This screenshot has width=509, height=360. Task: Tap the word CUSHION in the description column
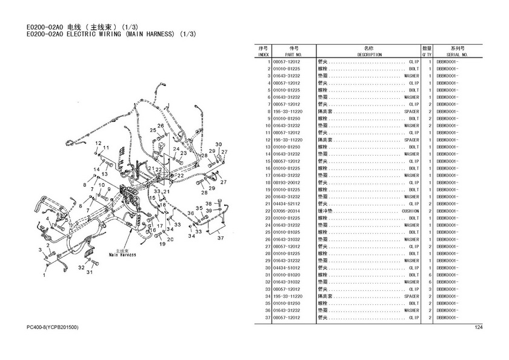pyautogui.click(x=409, y=211)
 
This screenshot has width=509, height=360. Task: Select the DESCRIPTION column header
pyautogui.click(x=369, y=55)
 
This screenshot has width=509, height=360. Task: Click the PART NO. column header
pyautogui.click(x=294, y=55)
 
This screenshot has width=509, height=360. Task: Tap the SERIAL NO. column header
pyautogui.click(x=454, y=55)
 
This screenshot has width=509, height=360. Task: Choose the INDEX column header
pyautogui.click(x=263, y=55)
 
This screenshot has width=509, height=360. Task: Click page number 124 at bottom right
pyautogui.click(x=478, y=328)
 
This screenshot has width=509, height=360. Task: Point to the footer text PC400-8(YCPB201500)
pyautogui.click(x=53, y=328)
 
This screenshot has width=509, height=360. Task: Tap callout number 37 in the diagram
pyautogui.click(x=221, y=238)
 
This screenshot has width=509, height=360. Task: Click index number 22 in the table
pyautogui.click(x=267, y=211)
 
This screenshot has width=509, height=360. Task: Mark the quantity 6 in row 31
pyautogui.click(x=430, y=275)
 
